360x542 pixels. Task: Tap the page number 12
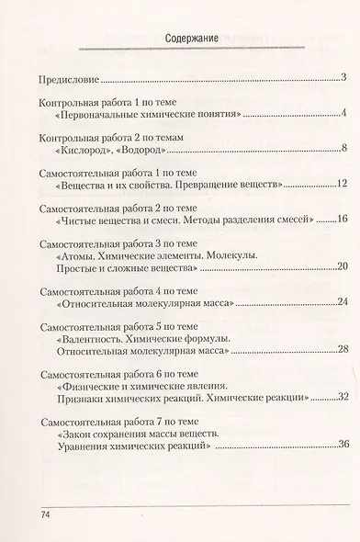(x=338, y=186)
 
